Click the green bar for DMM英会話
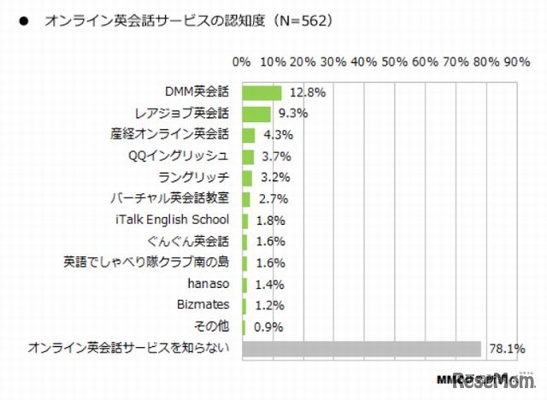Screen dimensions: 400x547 pyautogui.click(x=262, y=92)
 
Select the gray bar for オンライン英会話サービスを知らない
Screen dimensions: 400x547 pyautogui.click(x=362, y=348)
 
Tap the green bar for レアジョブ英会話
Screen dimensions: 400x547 pyautogui.click(x=257, y=114)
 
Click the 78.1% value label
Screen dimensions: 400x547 pyautogui.click(x=504, y=348)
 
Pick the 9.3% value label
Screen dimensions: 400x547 pyautogui.click(x=291, y=114)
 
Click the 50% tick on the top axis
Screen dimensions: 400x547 pyautogui.click(x=394, y=62)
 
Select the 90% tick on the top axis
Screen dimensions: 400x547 pyautogui.click(x=517, y=62)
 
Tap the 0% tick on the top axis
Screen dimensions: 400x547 pyautogui.click(x=242, y=62)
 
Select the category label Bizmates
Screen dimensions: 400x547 pyautogui.click(x=204, y=305)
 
